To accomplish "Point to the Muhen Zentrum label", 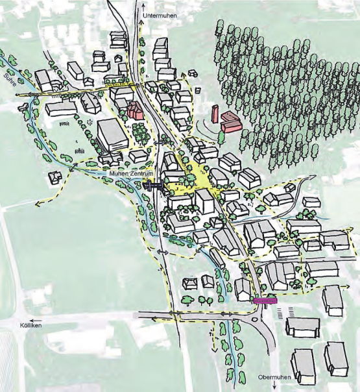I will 132,175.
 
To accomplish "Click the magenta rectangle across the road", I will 265,300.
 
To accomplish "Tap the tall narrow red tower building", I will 214,114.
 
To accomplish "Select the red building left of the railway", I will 136,111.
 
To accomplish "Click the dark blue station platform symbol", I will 153,187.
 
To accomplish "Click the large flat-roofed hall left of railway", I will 112,135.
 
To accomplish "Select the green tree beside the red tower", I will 221,137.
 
